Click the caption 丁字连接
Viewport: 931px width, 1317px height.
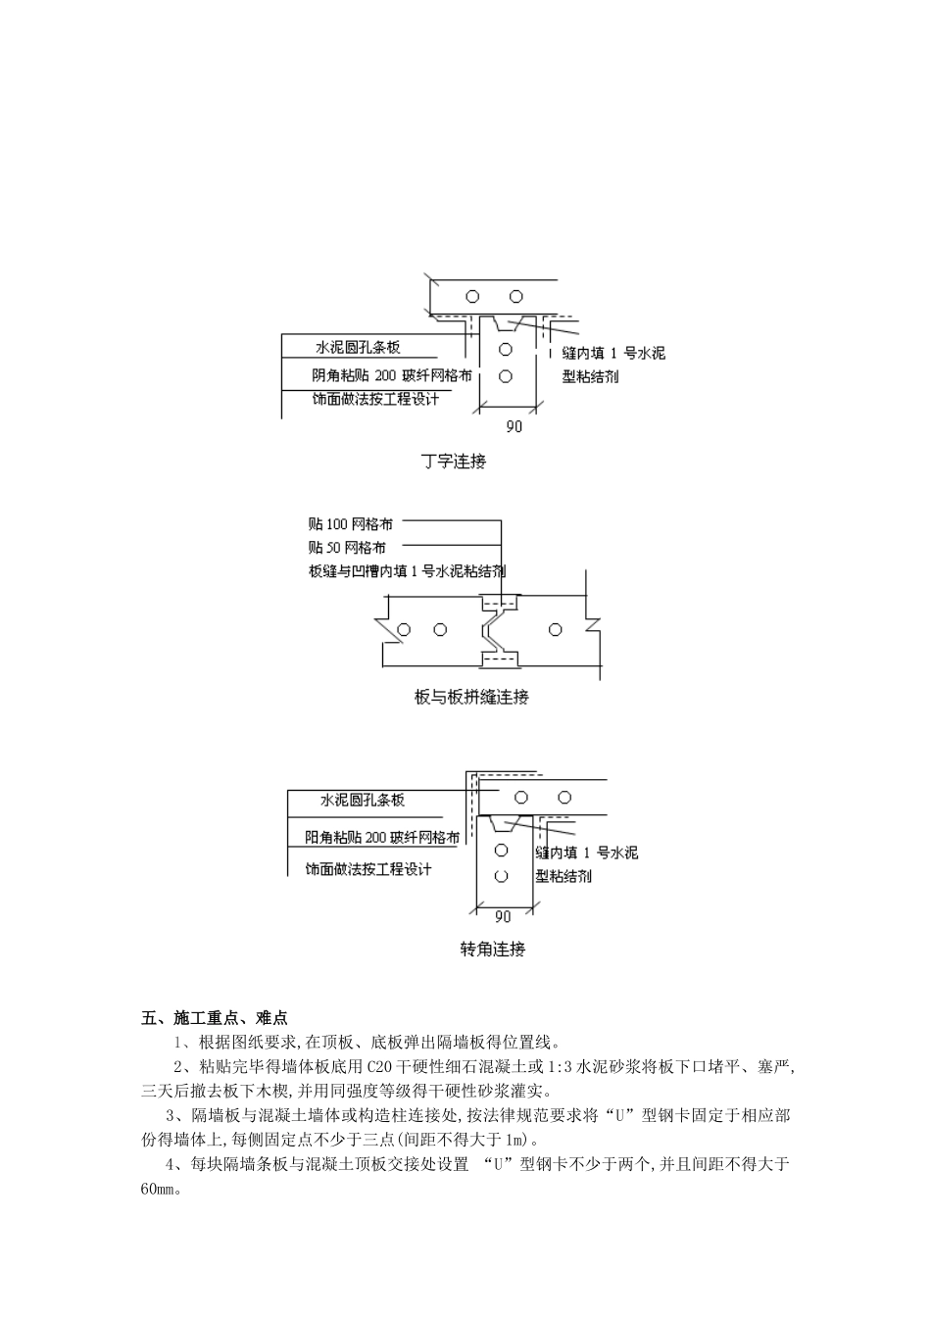pos(453,462)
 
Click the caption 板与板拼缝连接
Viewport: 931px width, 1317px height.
pos(472,697)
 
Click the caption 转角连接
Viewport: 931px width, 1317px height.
pos(493,949)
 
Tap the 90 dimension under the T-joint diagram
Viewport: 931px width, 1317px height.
pos(514,426)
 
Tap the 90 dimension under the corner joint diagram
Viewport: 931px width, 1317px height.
pos(502,917)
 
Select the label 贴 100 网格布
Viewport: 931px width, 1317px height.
pos(350,524)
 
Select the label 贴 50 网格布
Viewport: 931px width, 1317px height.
pos(346,548)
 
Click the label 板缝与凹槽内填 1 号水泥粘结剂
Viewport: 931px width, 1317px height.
pos(407,571)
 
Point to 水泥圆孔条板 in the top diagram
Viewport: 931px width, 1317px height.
pos(358,348)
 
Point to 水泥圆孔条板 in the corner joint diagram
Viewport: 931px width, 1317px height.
pos(363,801)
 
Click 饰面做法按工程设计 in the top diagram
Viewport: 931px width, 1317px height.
pos(375,399)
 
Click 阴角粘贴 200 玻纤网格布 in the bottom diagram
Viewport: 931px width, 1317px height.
pos(381,838)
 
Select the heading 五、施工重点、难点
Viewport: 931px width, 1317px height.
pos(215,1018)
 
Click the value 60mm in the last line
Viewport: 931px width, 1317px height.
pos(158,1189)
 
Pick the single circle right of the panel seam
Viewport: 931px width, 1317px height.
pos(557,629)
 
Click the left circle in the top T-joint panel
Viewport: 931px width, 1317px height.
pos(472,296)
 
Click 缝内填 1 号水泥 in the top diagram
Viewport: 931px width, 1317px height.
pos(613,353)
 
